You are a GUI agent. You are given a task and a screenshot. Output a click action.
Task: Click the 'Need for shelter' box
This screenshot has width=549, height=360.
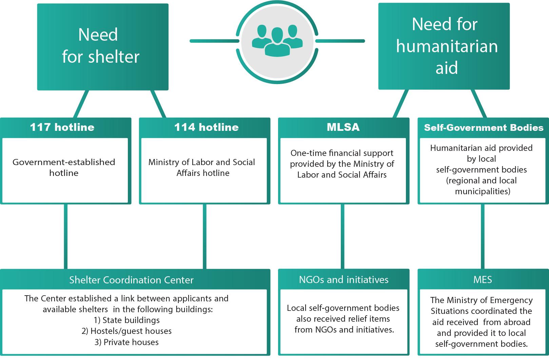tap(103, 47)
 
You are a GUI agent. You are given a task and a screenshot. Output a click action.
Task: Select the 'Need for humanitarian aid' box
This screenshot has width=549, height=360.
tap(444, 46)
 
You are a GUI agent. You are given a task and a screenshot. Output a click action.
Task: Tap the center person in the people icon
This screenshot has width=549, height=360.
tap(277, 42)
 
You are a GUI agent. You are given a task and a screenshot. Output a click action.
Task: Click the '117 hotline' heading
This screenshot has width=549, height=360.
tap(62, 127)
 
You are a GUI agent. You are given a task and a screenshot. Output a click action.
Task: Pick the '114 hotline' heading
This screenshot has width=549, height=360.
tap(207, 127)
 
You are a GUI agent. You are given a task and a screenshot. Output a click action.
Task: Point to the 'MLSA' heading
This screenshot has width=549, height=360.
tap(343, 127)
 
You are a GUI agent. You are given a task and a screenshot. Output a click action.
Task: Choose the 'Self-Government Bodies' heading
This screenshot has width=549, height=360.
tap(484, 128)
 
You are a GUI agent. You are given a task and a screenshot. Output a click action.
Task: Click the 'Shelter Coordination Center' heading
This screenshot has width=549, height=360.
tap(131, 280)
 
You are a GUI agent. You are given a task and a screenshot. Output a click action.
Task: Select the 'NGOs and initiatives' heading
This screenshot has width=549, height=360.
tap(344, 280)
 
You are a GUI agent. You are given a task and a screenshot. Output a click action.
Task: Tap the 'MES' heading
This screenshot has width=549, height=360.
tap(483, 280)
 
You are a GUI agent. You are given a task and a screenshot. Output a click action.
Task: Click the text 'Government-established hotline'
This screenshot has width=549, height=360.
tap(64, 167)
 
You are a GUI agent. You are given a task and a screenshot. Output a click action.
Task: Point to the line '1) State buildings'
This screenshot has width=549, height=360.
tap(127, 320)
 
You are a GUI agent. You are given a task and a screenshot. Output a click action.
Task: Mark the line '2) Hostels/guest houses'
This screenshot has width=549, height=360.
tap(126, 331)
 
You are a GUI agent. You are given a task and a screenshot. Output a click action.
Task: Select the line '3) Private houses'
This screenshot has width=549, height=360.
tap(126, 342)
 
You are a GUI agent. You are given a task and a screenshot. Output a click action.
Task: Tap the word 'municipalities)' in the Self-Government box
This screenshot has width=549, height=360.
tap(483, 192)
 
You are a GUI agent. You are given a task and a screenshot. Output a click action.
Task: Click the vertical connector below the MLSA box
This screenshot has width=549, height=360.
tap(342, 237)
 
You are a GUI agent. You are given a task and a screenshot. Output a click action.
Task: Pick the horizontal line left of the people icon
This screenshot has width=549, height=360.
tap(214, 41)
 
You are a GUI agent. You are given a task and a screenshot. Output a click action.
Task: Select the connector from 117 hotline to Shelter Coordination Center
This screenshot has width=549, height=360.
tap(66, 237)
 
